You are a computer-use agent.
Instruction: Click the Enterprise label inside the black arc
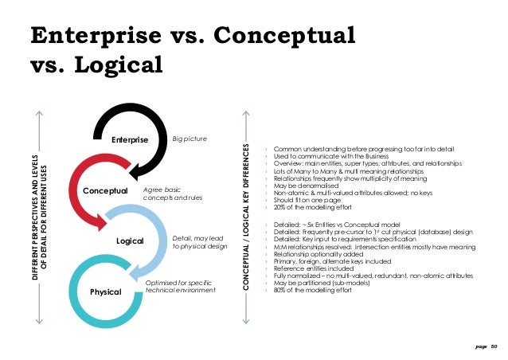point(131,141)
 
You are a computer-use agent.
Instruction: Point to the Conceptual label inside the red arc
point(105,190)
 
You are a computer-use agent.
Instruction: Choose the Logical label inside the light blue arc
point(129,239)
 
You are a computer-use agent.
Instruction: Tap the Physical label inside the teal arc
point(105,292)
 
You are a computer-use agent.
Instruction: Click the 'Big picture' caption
point(190,139)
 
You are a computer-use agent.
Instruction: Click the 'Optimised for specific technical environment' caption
point(180,288)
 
